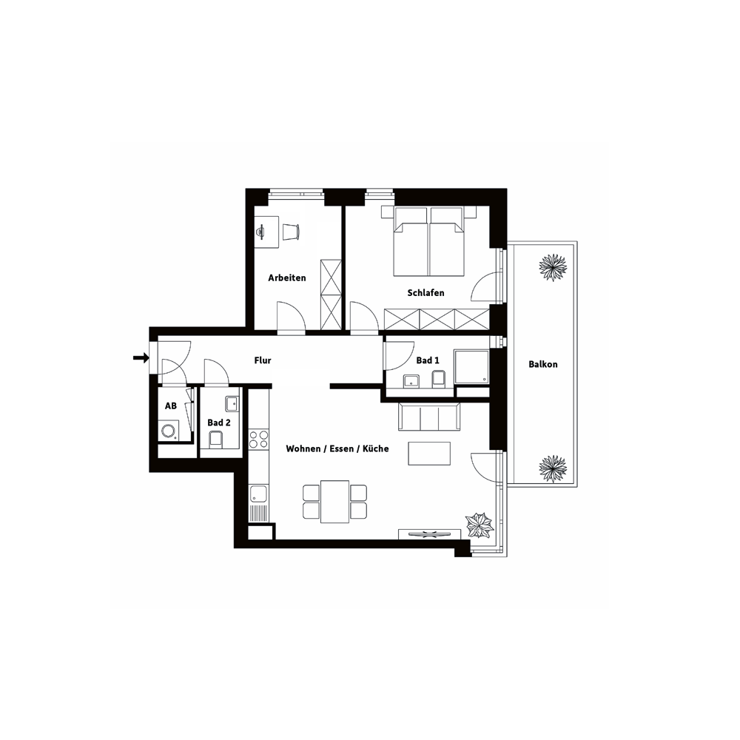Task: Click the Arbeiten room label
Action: tap(287, 278)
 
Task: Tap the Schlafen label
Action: tap(425, 293)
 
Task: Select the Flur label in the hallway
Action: tap(263, 360)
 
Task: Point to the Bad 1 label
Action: tap(428, 360)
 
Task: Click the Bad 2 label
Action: tap(219, 423)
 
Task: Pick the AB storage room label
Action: tap(171, 406)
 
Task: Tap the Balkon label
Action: tap(542, 364)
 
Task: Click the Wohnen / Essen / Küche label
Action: tap(337, 449)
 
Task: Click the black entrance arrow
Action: tap(141, 358)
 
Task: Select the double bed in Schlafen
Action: tap(429, 241)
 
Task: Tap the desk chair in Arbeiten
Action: tap(291, 232)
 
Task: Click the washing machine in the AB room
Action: tap(169, 431)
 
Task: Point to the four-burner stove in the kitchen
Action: tap(258, 439)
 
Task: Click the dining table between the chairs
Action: tap(335, 502)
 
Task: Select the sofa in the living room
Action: tap(429, 417)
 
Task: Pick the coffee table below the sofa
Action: tap(429, 454)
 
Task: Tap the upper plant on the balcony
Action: tap(553, 268)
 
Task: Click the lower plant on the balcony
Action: tap(553, 468)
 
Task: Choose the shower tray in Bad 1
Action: tap(471, 367)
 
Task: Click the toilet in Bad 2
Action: tap(215, 439)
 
